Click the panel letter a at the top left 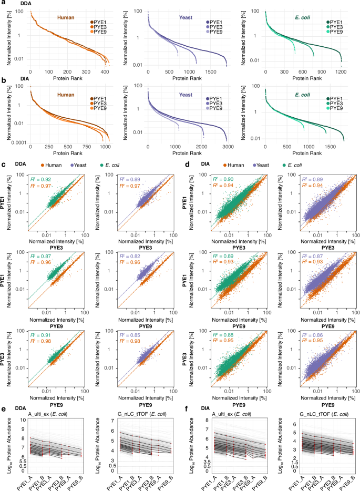coord(3,3)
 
